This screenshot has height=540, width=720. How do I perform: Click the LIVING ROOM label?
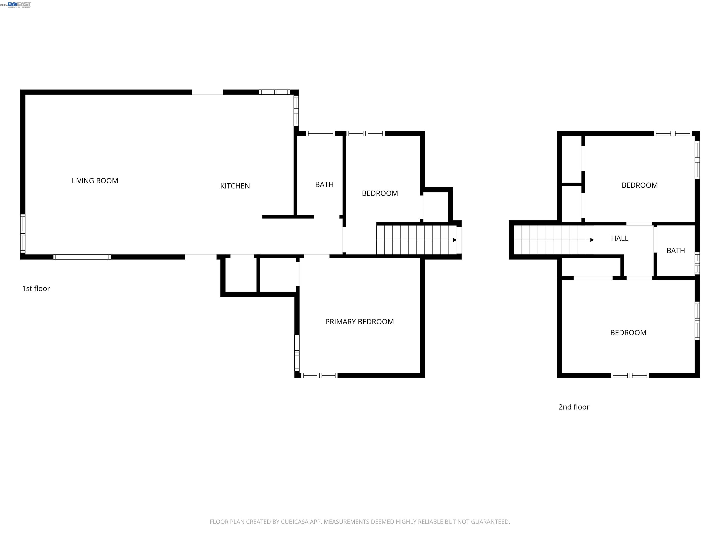[94, 181]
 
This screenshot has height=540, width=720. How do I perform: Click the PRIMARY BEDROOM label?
[359, 322]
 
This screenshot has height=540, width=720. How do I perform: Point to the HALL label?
[619, 238]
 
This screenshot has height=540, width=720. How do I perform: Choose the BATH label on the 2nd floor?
[675, 251]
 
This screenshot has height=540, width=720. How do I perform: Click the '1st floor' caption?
[36, 288]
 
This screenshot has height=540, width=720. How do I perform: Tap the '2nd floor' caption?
[574, 407]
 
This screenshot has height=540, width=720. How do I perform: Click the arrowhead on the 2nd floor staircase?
[592, 240]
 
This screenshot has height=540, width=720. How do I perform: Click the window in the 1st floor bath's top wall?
[321, 133]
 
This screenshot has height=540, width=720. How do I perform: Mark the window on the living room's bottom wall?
[82, 257]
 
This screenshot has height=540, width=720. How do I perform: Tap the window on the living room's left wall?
[23, 233]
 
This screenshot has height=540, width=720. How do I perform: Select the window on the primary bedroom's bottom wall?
[319, 376]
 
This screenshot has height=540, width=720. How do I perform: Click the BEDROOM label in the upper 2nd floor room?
[639, 185]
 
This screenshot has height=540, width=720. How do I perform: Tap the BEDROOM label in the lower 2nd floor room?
[628, 333]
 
